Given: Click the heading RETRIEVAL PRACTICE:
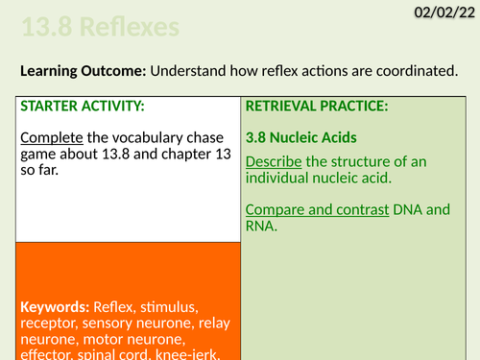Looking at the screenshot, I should [317, 106].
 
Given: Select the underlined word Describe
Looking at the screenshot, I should [275, 160].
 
